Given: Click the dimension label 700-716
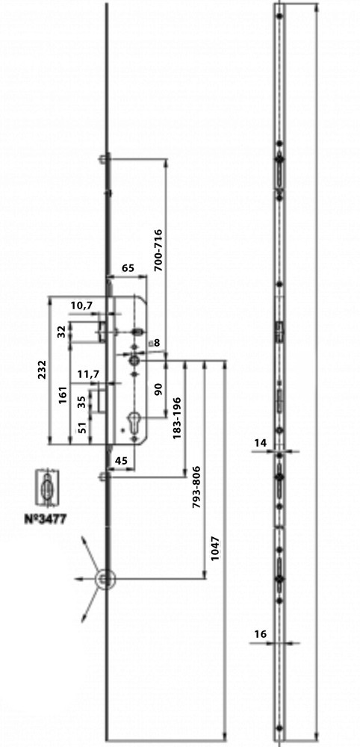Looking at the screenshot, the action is [x=158, y=250].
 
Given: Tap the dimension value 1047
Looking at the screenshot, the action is [x=215, y=549].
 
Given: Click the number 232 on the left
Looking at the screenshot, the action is [x=42, y=370].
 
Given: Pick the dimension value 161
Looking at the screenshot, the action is [x=63, y=395].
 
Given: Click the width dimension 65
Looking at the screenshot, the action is [x=128, y=268].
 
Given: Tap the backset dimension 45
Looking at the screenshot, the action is [x=122, y=461].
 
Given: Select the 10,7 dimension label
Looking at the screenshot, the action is [x=81, y=306].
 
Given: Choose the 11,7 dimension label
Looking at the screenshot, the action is [x=88, y=375].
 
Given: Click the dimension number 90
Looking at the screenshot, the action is [x=158, y=389].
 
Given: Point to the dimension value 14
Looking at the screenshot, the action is [x=260, y=443].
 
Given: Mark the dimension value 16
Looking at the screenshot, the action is [x=260, y=634].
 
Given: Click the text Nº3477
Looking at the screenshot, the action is [x=46, y=519].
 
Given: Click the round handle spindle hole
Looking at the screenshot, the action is [x=134, y=361].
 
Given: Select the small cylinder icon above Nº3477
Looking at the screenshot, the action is [x=47, y=489].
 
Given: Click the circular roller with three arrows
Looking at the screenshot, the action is [x=105, y=580].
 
